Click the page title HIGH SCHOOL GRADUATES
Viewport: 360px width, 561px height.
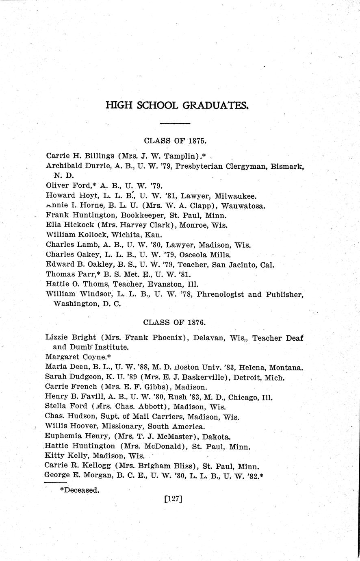point(177,106)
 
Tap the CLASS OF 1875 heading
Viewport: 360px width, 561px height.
point(176,141)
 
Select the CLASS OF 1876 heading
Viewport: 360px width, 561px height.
point(175,322)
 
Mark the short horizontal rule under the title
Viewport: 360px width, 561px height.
point(175,123)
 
